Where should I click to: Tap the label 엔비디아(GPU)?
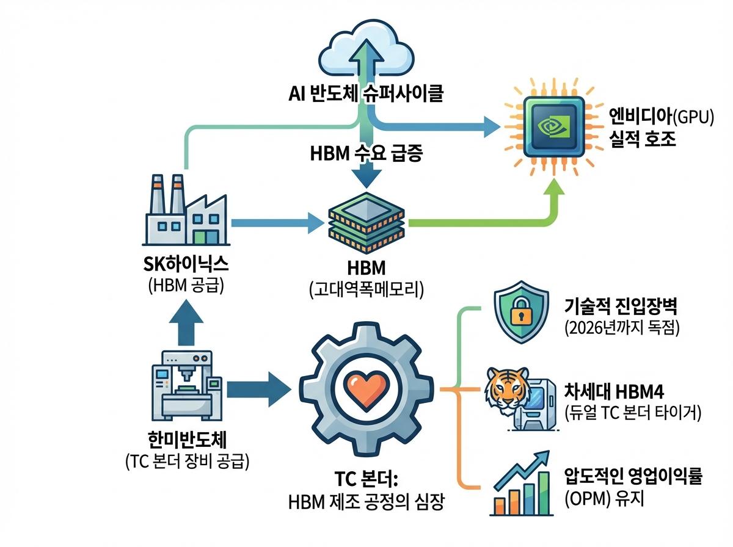(x=660, y=117)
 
